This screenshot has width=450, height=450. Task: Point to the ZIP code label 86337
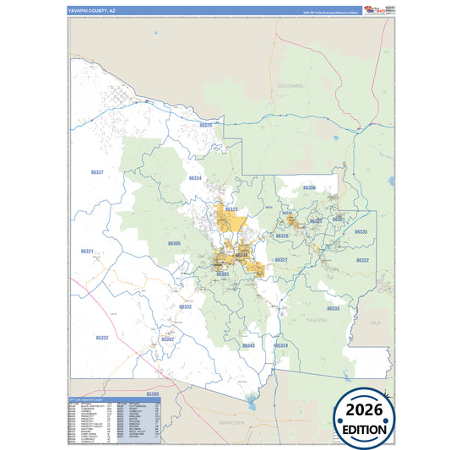tap(97, 171)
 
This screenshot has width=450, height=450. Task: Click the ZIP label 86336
tap(309, 187)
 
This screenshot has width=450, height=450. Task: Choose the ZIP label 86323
tap(230, 209)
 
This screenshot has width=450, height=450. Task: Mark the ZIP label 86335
tap(361, 231)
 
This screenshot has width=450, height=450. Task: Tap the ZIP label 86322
tap(362, 260)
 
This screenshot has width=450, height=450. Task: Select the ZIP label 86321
tap(88, 251)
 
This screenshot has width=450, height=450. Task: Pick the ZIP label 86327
tap(281, 260)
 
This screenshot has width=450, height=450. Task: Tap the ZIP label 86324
tap(281, 345)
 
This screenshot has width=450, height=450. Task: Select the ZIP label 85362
tap(167, 339)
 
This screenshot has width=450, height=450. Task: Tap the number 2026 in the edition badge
tap(366, 410)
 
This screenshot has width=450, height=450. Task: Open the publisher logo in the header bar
tap(372, 11)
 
